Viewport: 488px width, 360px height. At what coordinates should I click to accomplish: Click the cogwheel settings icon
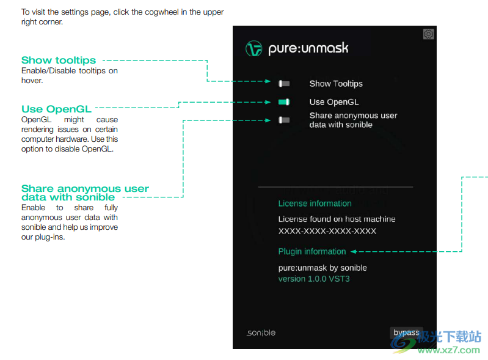point(428,34)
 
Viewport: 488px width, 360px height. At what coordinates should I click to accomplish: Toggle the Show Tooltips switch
point(284,84)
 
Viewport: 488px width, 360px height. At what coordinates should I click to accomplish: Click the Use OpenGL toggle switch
point(284,102)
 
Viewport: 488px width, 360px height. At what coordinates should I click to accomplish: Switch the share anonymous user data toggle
point(284,120)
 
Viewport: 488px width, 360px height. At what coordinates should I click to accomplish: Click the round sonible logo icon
point(254,49)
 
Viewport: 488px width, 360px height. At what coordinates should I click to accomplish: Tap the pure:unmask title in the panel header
point(308,49)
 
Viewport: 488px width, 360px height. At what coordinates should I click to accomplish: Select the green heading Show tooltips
point(59,60)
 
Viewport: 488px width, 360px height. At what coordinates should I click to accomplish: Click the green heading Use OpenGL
point(56,109)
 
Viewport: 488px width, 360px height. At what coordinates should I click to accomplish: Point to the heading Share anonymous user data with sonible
point(85,193)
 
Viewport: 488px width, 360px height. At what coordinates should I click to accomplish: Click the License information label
point(315,204)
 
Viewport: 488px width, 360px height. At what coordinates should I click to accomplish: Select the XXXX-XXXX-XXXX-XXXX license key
point(327,232)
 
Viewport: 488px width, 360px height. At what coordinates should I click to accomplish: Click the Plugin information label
point(312,251)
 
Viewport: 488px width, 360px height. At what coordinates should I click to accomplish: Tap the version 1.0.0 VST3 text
point(314,279)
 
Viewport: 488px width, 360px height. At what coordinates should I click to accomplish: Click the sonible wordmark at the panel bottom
point(261,333)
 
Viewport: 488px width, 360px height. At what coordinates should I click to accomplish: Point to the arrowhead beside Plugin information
point(354,251)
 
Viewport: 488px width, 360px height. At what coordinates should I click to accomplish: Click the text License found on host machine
point(337,219)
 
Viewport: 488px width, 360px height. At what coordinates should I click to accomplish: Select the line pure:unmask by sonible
point(322,268)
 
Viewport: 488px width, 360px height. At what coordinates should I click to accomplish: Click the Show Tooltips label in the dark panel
point(336,84)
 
